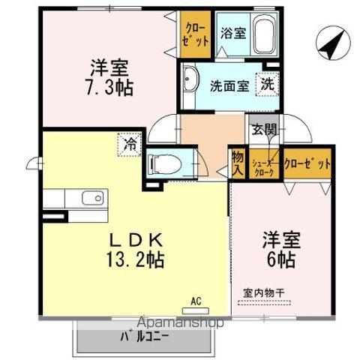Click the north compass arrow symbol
point(330,43)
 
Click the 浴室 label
point(233,33)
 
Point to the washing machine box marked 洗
point(267,84)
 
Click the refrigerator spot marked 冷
point(131,142)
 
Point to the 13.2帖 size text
point(135,260)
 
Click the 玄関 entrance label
point(264,130)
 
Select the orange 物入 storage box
point(237,163)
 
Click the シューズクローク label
point(263,166)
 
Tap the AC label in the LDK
point(196,301)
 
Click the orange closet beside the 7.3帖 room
point(196,33)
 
